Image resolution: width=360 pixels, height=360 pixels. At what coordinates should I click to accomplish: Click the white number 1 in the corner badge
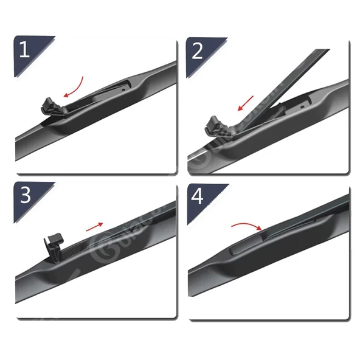(24, 49)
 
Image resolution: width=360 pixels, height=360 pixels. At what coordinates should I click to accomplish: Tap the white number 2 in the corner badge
(197, 50)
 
